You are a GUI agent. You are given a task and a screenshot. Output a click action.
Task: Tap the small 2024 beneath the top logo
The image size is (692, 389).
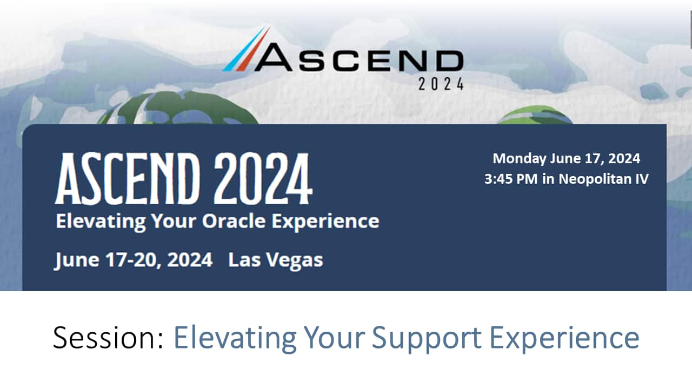(x=441, y=84)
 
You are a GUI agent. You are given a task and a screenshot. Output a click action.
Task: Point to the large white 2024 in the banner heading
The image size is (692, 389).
(x=263, y=179)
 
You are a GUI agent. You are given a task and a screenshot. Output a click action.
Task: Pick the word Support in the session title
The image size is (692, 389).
(x=427, y=338)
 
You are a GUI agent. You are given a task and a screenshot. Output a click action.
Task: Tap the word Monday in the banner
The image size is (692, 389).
(x=519, y=159)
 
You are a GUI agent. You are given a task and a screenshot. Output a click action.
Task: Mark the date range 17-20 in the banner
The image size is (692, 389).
(x=130, y=260)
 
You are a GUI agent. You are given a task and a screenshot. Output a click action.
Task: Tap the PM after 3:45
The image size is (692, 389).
(x=528, y=179)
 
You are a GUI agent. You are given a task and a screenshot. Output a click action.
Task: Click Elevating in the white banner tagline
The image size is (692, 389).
(x=101, y=222)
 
